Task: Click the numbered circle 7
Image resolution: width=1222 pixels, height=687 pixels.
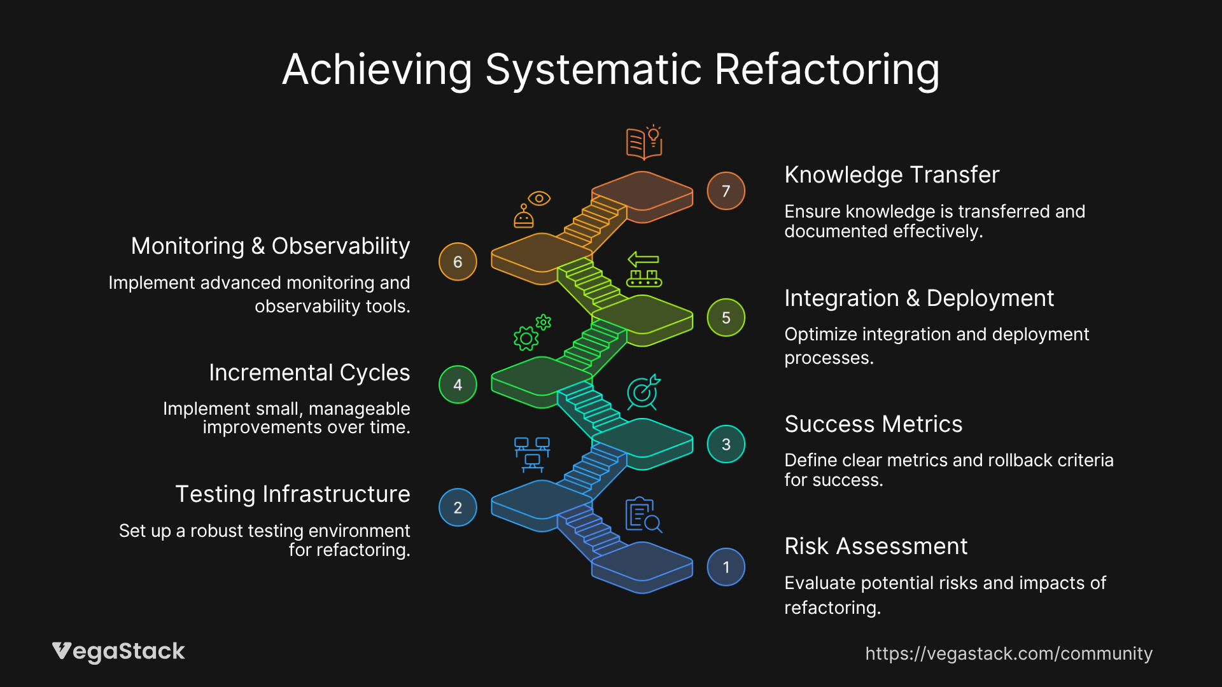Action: (726, 191)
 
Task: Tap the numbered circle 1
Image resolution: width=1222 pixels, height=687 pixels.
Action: (726, 567)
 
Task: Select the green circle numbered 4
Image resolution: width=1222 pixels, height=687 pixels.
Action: (458, 385)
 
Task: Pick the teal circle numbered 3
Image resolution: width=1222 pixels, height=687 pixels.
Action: (726, 444)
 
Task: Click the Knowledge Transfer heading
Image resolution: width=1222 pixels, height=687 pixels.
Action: (891, 175)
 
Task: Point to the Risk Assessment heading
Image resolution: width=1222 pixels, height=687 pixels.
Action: (875, 546)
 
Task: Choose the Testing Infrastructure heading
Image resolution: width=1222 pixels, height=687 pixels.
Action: (292, 494)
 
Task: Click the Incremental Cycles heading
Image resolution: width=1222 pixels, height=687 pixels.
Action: (309, 373)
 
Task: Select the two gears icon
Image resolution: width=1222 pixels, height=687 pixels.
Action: (531, 333)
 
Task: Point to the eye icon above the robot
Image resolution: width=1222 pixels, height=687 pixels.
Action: (539, 198)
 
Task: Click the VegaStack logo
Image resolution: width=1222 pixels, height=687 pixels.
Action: (118, 651)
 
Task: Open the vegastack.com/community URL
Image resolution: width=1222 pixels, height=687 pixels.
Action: (1008, 653)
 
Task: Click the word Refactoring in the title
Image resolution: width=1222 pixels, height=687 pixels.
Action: (826, 69)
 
